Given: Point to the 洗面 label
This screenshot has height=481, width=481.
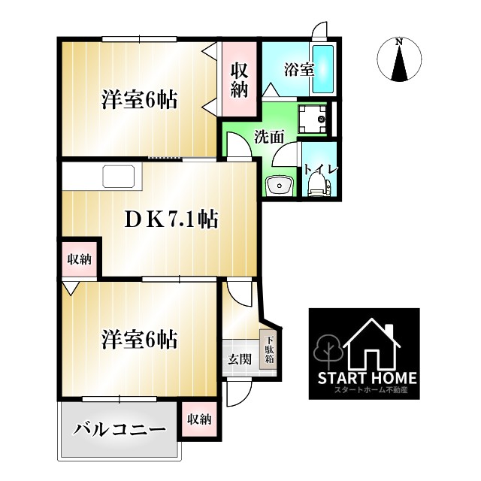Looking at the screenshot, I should coord(268,138).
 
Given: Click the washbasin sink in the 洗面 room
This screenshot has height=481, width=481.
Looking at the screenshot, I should coord(278,185).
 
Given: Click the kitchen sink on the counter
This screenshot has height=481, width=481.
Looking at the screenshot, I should coord(120,178).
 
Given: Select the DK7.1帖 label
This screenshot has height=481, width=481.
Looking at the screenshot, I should coord(171,219).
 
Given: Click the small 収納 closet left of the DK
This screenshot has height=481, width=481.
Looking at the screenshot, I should coord(79,260).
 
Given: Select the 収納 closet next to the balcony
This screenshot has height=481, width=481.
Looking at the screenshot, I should coord(199,419).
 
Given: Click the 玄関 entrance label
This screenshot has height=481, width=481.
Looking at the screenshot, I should coord(239,358).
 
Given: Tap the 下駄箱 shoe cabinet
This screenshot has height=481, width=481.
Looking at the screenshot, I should coord(268,349).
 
